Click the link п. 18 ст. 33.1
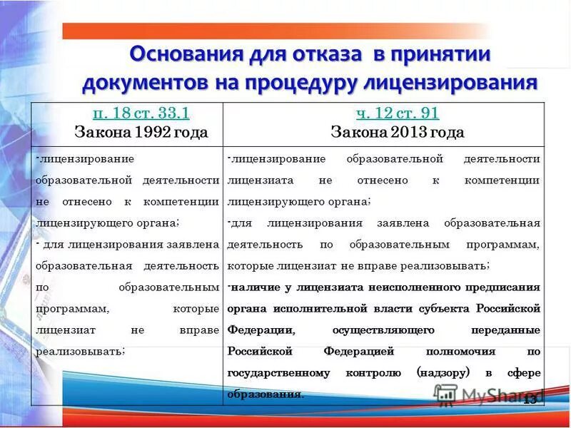[x=141, y=113]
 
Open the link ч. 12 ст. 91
[x=398, y=113]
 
